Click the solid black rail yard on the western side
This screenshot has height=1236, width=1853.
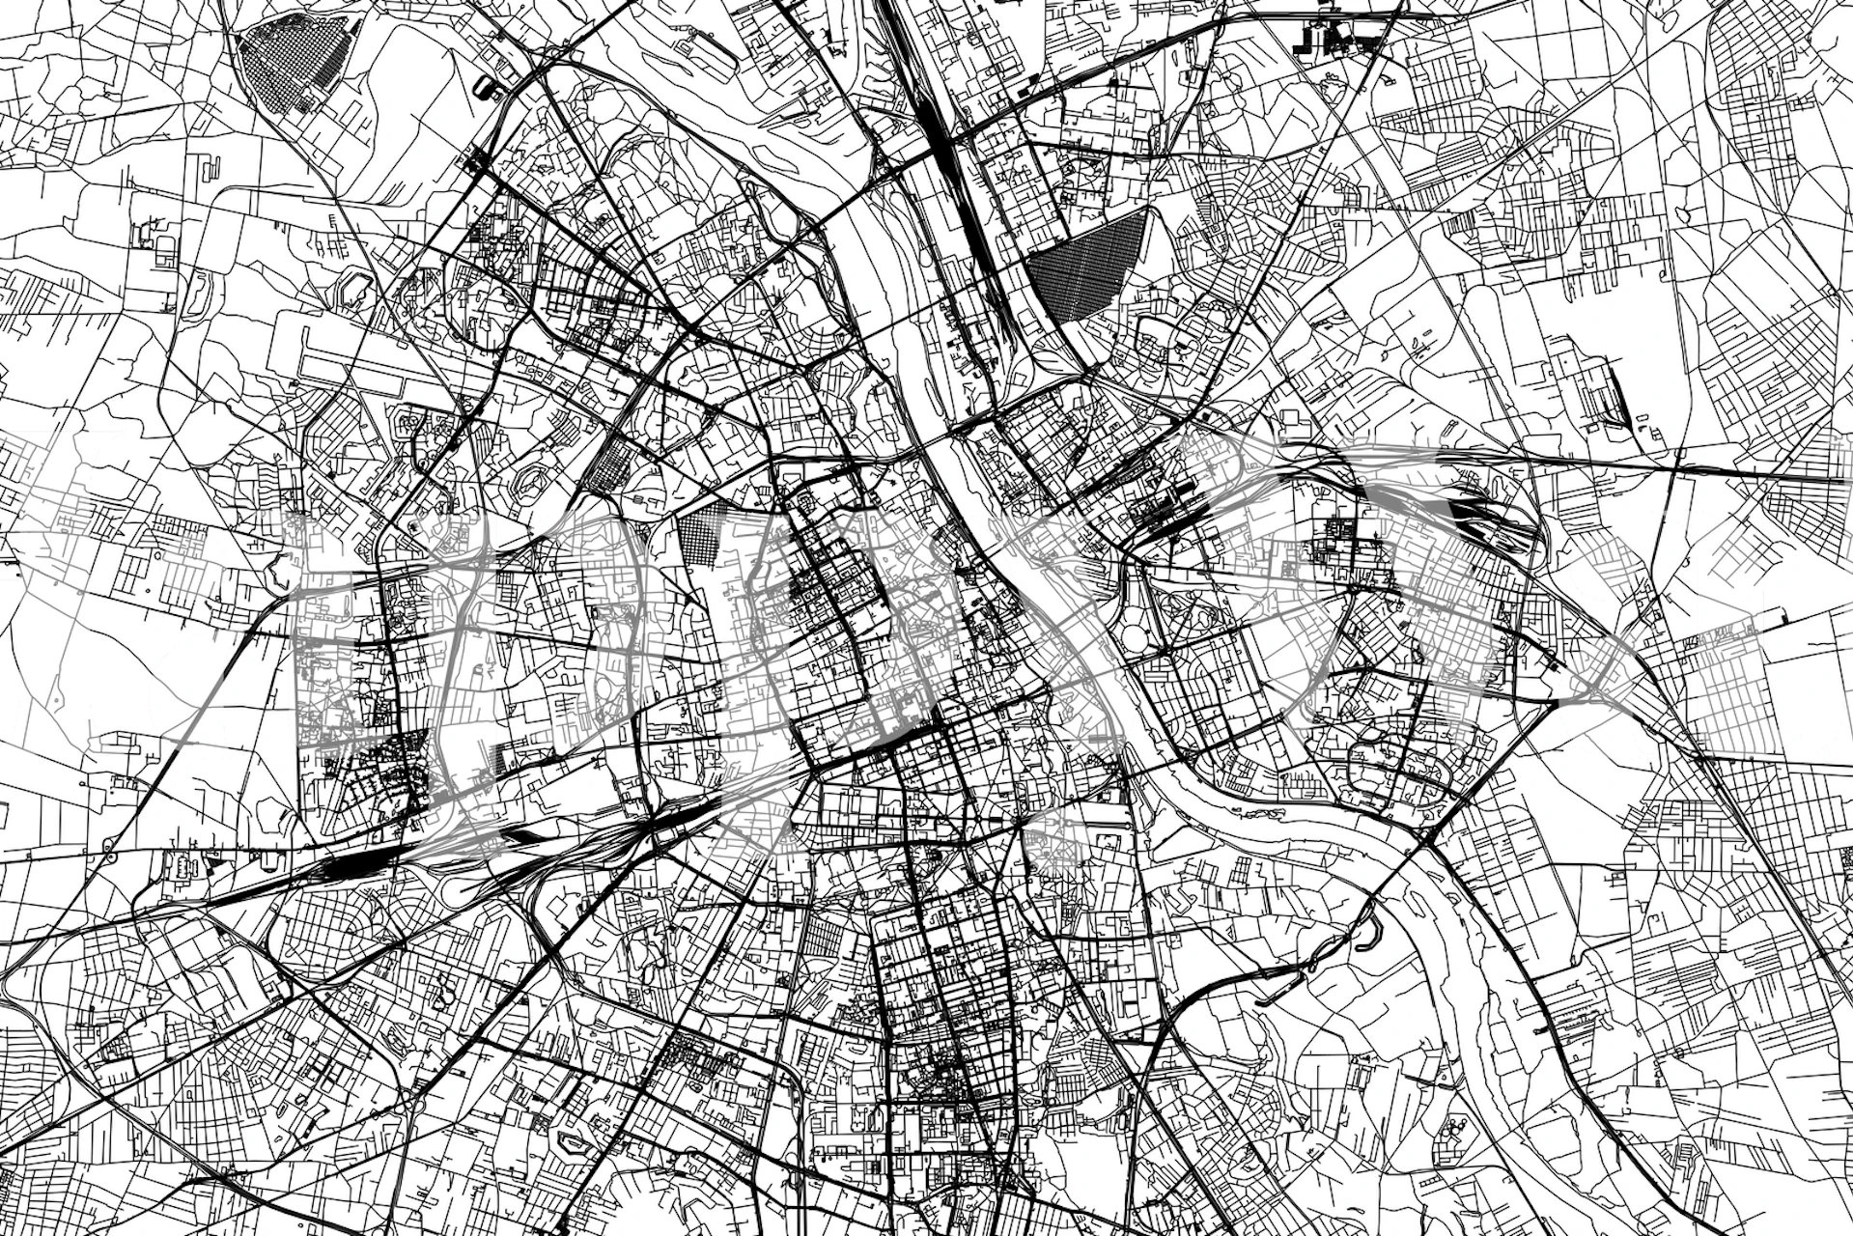pyautogui.click(x=348, y=864)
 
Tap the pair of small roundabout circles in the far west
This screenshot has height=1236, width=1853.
pyautogui.click(x=106, y=850)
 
